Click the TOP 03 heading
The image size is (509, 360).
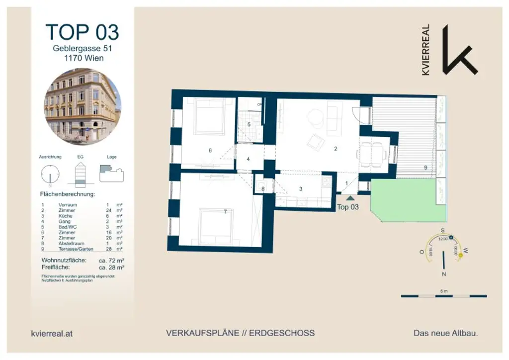83,32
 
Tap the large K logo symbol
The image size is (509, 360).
458,50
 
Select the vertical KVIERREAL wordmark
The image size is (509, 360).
425,50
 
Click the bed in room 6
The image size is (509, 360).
208,116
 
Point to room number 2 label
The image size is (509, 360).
336,148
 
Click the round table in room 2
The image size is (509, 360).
316,118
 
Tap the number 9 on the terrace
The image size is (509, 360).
425,168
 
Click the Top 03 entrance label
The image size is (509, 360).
347,207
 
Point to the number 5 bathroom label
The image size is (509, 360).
249,124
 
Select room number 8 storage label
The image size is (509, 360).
262,189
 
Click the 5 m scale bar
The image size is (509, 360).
444,296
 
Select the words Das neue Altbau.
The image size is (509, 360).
445,333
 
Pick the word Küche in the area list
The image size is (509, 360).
66,216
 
